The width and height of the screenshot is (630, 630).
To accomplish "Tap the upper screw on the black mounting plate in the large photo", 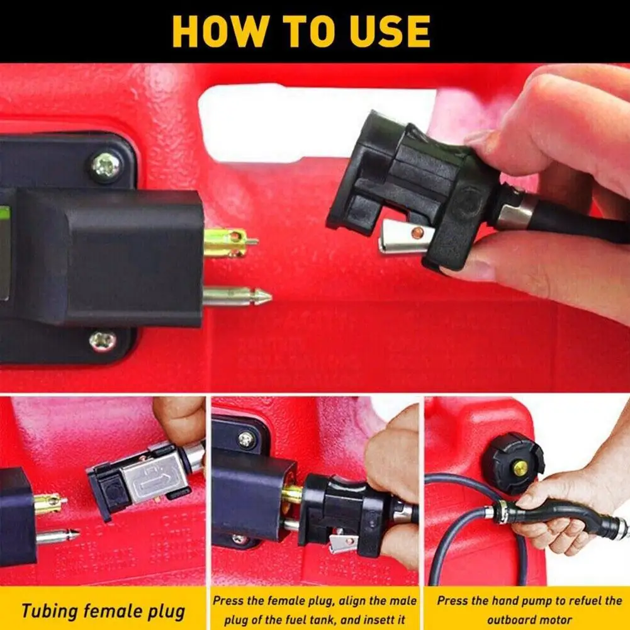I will (x=106, y=166).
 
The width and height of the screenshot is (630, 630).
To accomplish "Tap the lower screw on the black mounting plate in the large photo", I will (x=103, y=340).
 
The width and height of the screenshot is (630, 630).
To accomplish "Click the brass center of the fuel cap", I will (x=520, y=468).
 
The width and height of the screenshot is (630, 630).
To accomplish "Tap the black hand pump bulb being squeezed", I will (x=560, y=507).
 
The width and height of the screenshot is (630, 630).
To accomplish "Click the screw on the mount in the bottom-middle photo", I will (x=246, y=439).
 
